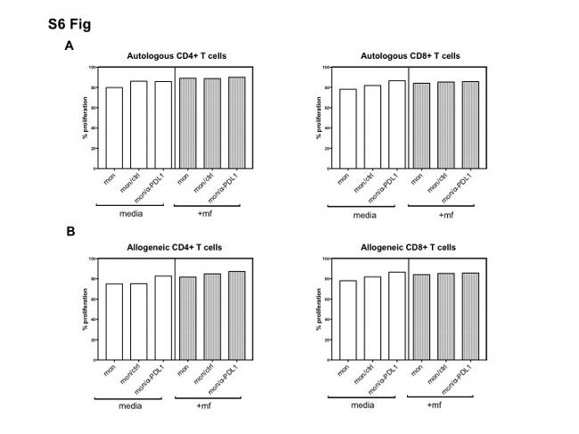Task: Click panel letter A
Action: click(x=69, y=45)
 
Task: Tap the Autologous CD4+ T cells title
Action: click(x=175, y=56)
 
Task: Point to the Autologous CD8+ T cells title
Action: click(x=410, y=56)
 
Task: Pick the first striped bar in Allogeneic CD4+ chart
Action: click(x=188, y=319)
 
